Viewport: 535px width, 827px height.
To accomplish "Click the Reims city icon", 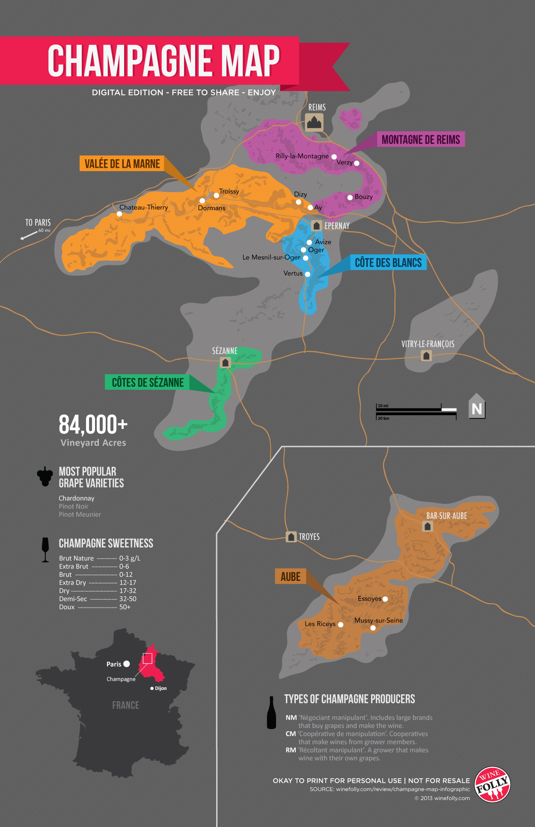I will [x=314, y=122].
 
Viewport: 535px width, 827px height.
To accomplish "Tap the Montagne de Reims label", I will [x=420, y=140].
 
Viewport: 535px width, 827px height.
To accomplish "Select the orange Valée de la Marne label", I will [x=122, y=164].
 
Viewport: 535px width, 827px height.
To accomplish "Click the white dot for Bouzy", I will [x=350, y=197].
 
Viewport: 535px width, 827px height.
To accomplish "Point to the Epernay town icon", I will [x=316, y=225].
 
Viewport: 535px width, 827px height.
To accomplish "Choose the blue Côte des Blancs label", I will [x=388, y=262].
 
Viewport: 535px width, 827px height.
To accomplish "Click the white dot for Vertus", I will [x=307, y=274].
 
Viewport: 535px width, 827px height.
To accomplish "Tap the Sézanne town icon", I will [x=225, y=363].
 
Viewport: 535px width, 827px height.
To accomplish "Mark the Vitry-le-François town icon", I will [x=426, y=356].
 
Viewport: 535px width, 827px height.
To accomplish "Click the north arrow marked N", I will [x=477, y=407].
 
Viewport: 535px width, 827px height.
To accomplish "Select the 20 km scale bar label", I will [x=383, y=418].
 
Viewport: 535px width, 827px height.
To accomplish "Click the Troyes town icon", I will [x=291, y=537].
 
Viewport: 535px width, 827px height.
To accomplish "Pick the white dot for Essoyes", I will [x=385, y=599].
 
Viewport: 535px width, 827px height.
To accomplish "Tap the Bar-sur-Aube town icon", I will [x=428, y=526].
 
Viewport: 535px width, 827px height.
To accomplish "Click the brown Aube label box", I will [x=290, y=577].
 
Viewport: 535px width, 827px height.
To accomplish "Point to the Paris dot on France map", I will [x=127, y=664].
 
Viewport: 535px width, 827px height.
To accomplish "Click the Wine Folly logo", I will [x=492, y=784].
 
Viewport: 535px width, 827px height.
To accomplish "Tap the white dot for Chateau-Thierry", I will [x=119, y=214].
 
